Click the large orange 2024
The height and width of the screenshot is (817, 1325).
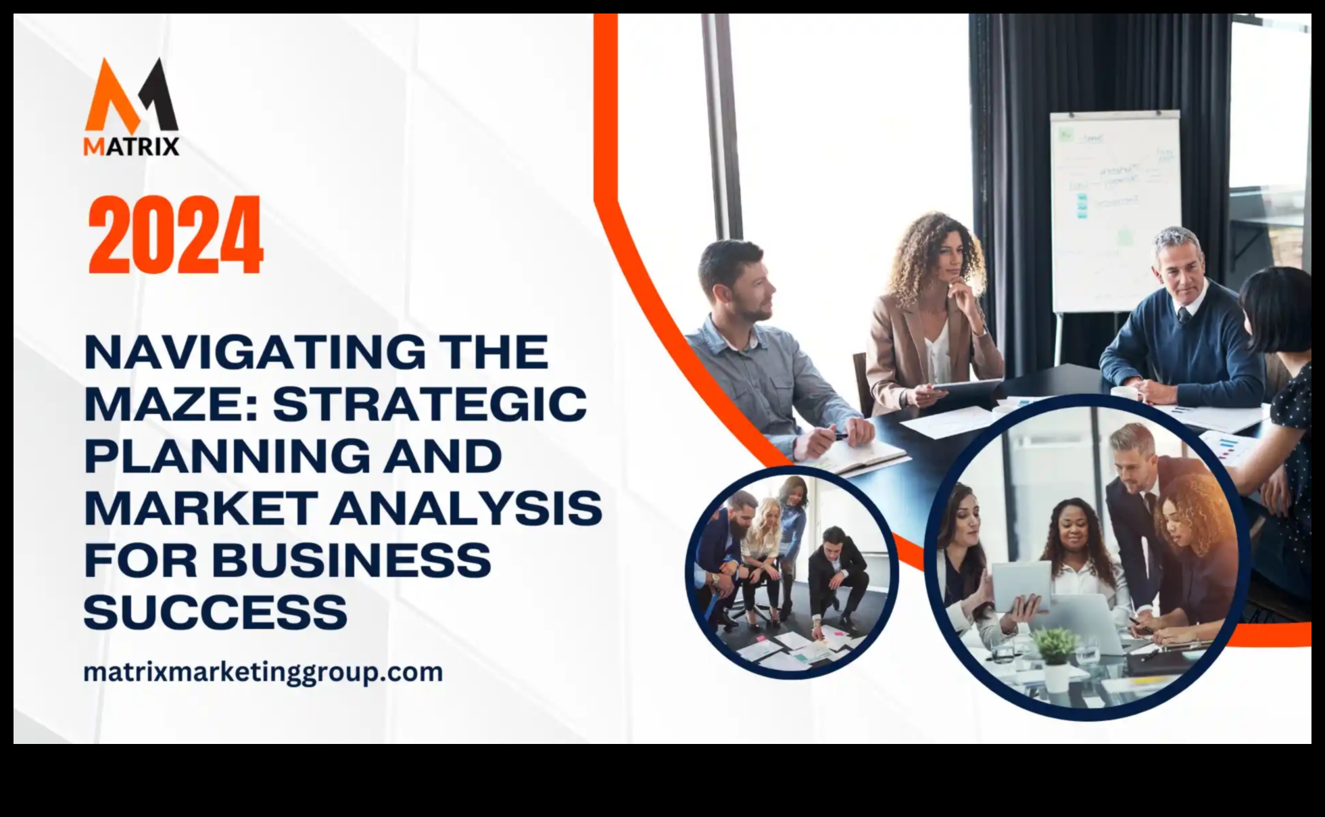tap(175, 235)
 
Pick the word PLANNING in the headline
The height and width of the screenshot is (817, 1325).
tap(227, 457)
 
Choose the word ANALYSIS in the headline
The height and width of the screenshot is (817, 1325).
tap(466, 509)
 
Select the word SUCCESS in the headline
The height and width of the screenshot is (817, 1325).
tap(215, 613)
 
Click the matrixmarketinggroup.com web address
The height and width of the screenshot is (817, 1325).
tap(263, 672)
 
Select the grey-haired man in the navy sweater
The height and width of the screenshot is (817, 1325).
tap(1180, 318)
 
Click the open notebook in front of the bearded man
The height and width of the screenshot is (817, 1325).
tap(859, 460)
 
